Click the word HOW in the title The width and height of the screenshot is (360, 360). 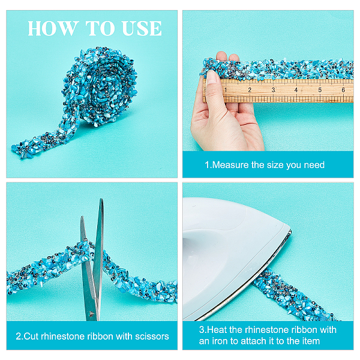pyautogui.click(x=52, y=28)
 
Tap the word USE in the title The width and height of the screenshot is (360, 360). pyautogui.click(x=142, y=28)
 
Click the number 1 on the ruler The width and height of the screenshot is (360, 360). pyautogui.click(x=226, y=90)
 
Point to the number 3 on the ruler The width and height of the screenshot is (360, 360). pyautogui.click(x=274, y=90)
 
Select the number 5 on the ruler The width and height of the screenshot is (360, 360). pyautogui.click(x=320, y=90)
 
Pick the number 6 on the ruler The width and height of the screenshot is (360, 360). pyautogui.click(x=343, y=90)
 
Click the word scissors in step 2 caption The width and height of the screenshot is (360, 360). pyautogui.click(x=152, y=337)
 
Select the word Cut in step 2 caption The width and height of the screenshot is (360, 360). pyautogui.click(x=31, y=337)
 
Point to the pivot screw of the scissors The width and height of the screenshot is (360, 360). pyautogui.click(x=92, y=314)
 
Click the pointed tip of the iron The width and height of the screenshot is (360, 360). pyautogui.click(x=290, y=230)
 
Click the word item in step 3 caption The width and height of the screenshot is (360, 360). pyautogui.click(x=310, y=341)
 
